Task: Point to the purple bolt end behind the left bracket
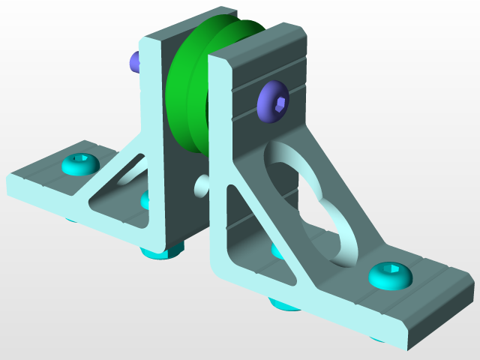pos(135,61)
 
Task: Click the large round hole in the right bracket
pos(315,202)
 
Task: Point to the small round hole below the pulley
pos(202,184)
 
